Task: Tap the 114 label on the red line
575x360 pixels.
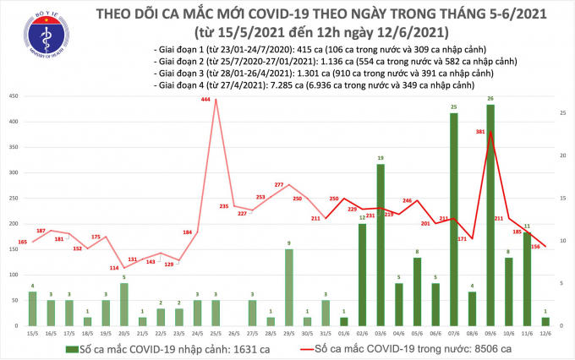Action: pos(113,268)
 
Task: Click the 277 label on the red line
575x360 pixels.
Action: pos(279,184)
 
